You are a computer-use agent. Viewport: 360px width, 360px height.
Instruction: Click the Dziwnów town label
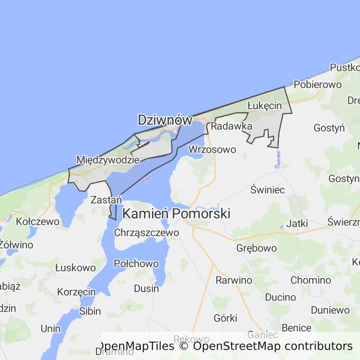point(165,120)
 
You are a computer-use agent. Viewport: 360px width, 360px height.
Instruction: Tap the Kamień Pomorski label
point(176,214)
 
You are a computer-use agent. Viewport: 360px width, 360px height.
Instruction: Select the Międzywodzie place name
point(108,159)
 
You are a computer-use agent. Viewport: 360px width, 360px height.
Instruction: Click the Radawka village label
point(232,126)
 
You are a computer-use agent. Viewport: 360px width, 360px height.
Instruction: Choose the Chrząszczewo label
point(146,232)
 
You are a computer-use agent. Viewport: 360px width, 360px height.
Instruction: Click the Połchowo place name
point(136,264)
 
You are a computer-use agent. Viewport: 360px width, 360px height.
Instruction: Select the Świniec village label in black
point(268,190)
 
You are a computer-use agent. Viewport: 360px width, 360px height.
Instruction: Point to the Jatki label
point(297,224)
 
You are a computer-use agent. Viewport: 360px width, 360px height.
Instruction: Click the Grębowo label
point(256,248)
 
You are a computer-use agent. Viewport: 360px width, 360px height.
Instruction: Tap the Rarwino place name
point(233,280)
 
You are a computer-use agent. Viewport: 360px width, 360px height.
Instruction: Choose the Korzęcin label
point(76,292)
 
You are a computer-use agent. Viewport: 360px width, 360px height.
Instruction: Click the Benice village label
point(296,328)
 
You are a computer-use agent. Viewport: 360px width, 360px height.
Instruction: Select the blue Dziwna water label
point(147,182)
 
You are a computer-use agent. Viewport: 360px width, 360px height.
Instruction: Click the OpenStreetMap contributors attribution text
point(273,346)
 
